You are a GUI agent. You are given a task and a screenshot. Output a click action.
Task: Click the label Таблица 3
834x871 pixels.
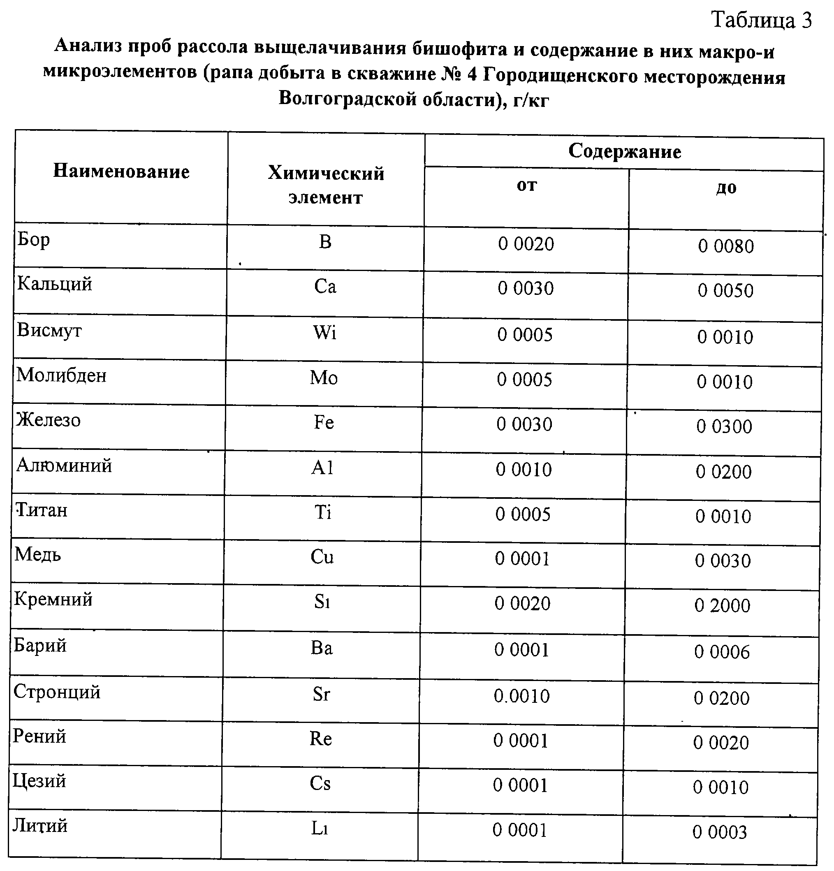click(x=762, y=21)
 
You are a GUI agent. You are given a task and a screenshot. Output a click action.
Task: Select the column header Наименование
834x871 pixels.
click(x=121, y=171)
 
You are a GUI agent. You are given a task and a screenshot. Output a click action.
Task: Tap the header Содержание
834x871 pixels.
click(x=624, y=151)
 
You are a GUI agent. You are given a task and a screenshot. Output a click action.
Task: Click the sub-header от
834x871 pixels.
click(x=527, y=185)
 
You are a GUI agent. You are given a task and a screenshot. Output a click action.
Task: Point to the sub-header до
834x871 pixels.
click(x=726, y=188)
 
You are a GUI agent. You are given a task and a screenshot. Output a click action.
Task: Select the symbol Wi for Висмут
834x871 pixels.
click(x=325, y=333)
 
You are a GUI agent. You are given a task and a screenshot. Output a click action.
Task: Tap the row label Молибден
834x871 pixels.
click(x=62, y=376)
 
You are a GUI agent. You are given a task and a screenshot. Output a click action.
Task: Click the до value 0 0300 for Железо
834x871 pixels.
click(x=724, y=427)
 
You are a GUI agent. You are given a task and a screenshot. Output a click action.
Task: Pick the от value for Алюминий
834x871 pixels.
click(x=524, y=470)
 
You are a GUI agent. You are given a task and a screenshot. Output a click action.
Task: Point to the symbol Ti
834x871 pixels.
click(x=323, y=513)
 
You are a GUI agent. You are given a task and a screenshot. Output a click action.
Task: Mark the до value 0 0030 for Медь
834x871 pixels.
click(x=723, y=561)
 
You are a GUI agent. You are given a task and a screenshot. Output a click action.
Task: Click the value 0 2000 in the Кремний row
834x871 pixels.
click(x=722, y=606)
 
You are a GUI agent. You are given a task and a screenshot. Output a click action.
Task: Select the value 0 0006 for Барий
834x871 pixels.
click(x=722, y=652)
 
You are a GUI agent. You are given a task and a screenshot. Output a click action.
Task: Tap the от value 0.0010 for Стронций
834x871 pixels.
click(x=521, y=696)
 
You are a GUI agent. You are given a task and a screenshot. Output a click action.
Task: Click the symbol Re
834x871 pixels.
click(x=321, y=739)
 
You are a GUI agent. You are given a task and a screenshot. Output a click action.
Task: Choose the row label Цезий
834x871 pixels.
click(x=39, y=781)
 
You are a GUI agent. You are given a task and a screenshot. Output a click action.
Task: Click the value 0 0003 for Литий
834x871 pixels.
click(x=719, y=832)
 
